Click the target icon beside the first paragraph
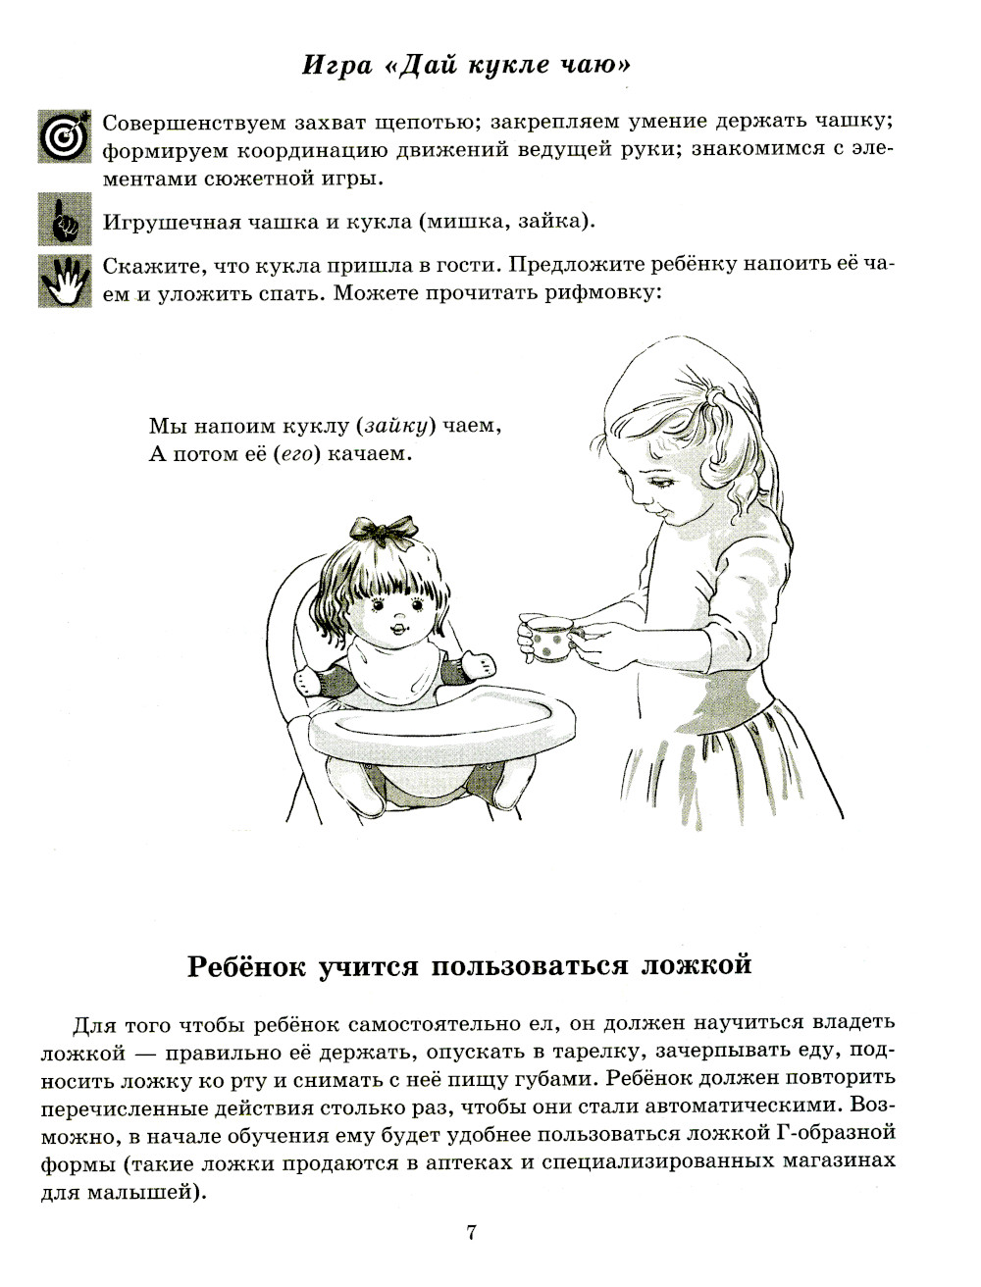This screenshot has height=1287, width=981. [x=64, y=136]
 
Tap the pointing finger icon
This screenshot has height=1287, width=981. [x=64, y=220]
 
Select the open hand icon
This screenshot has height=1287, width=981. [x=64, y=281]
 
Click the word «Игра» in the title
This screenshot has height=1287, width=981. [x=337, y=66]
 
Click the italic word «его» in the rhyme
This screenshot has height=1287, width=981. [x=296, y=454]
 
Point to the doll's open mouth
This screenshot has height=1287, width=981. [x=400, y=627]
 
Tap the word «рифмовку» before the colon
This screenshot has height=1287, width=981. [x=605, y=292]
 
